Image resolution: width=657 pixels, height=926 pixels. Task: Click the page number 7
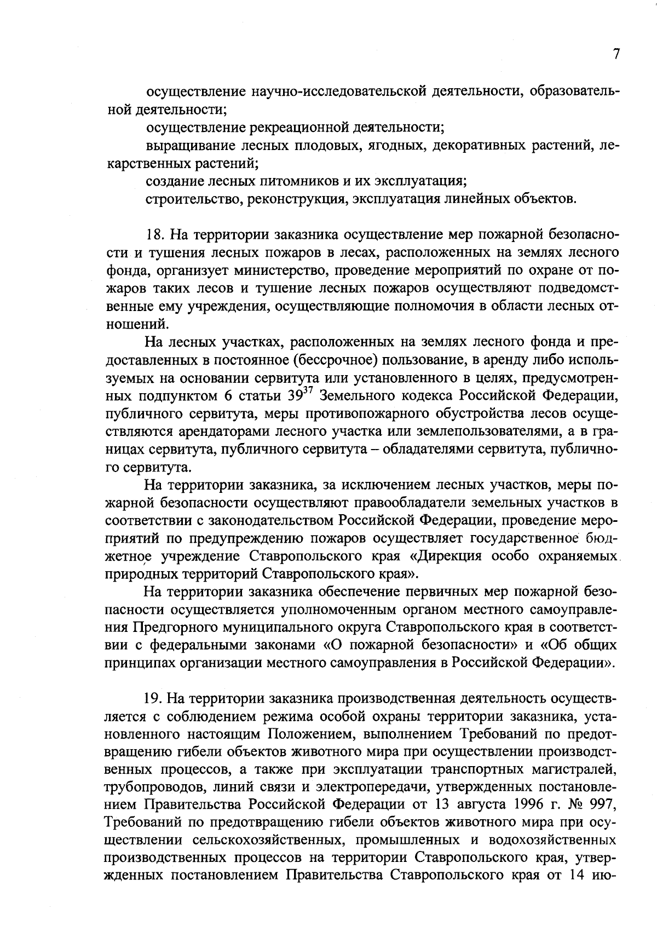[616, 54]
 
